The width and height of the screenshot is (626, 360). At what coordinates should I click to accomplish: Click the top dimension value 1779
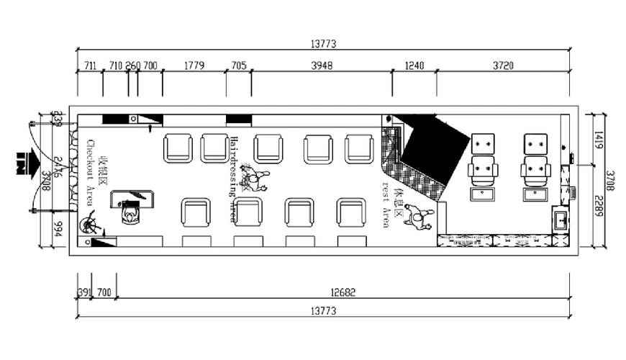[x=194, y=66]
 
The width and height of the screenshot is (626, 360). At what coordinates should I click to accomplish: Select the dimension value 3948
[x=322, y=66]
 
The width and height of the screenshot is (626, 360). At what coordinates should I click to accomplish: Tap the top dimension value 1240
[x=414, y=66]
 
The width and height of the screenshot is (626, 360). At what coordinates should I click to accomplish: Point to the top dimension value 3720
[x=503, y=66]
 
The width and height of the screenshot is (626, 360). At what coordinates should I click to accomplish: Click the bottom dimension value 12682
[x=343, y=293]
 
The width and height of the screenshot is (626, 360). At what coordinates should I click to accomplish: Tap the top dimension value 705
[x=238, y=66]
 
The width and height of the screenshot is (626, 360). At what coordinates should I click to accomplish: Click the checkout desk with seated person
[x=132, y=206]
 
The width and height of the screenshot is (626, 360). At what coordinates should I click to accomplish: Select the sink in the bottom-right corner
[x=561, y=219]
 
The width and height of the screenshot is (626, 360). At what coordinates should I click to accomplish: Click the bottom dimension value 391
[x=83, y=293]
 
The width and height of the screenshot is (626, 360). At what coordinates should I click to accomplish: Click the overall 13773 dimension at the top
[x=323, y=44]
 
